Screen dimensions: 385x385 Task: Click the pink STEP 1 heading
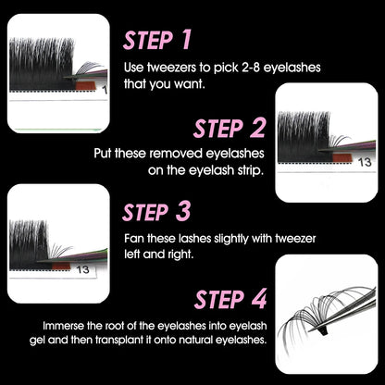pos(157,40)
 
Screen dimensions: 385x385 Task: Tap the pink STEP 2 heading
pos(230,128)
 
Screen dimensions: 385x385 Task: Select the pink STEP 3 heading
pos(156,212)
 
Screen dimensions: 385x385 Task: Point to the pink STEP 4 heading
pos(230,299)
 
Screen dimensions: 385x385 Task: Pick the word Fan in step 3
pos(134,239)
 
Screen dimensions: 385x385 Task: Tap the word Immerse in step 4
pos(63,326)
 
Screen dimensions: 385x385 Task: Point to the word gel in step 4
pos(38,341)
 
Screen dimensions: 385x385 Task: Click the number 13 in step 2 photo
pos(365,162)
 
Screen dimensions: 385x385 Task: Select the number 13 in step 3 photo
pos(82,269)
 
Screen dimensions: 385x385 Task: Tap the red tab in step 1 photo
pos(86,85)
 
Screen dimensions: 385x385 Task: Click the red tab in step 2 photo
pos(342,157)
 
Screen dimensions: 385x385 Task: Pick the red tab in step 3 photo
pos(61,267)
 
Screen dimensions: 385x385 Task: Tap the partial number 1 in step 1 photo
pos(105,90)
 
